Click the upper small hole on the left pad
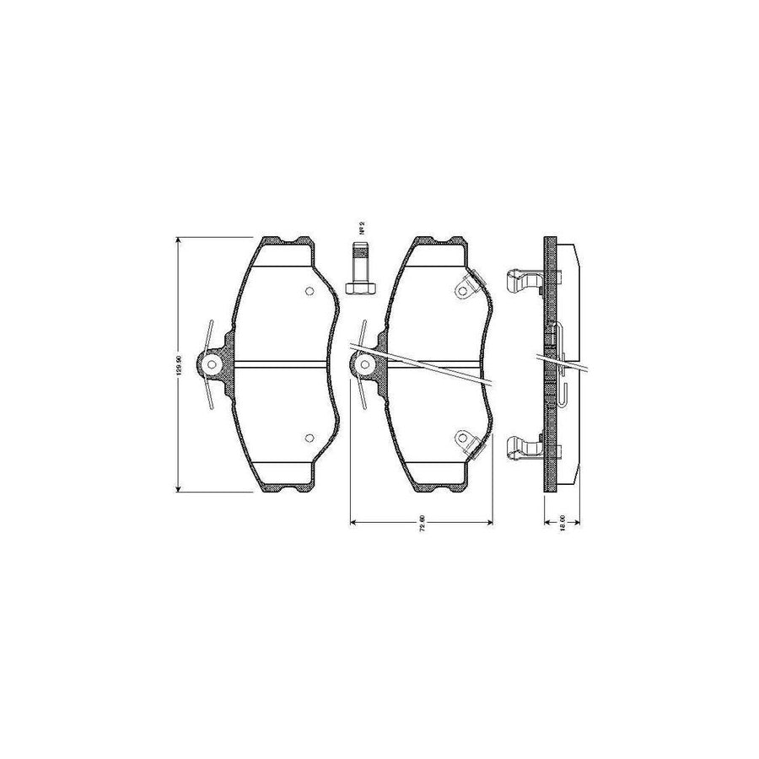309,293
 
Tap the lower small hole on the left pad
308,437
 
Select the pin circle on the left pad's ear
212,365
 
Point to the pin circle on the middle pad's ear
364,365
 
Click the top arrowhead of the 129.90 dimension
178,242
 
